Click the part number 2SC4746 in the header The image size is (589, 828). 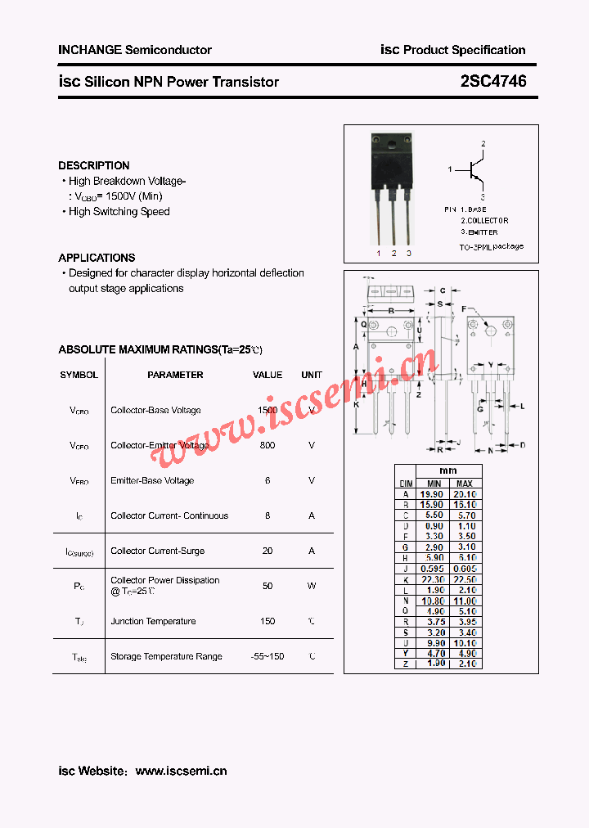point(493,81)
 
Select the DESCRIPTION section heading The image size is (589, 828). point(93,165)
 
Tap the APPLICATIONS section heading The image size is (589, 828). point(97,258)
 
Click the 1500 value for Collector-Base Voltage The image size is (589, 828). point(268,410)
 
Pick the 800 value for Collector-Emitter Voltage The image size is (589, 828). point(268,445)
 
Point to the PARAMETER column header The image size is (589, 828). point(175,375)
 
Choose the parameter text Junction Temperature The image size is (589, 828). point(153,621)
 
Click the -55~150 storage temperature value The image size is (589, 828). point(268,656)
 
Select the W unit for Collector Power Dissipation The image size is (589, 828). point(312,586)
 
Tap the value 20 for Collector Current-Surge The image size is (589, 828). point(268,551)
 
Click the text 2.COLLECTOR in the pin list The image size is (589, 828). point(484,221)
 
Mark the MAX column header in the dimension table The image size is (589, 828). point(465,483)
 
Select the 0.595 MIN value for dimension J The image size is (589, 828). point(432,569)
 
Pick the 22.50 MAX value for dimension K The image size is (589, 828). point(465,579)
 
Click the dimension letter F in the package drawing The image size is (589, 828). point(463,308)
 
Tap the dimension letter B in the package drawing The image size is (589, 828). point(391,310)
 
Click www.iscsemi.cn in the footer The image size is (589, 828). point(181,771)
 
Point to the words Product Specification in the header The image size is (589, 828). point(464,50)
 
